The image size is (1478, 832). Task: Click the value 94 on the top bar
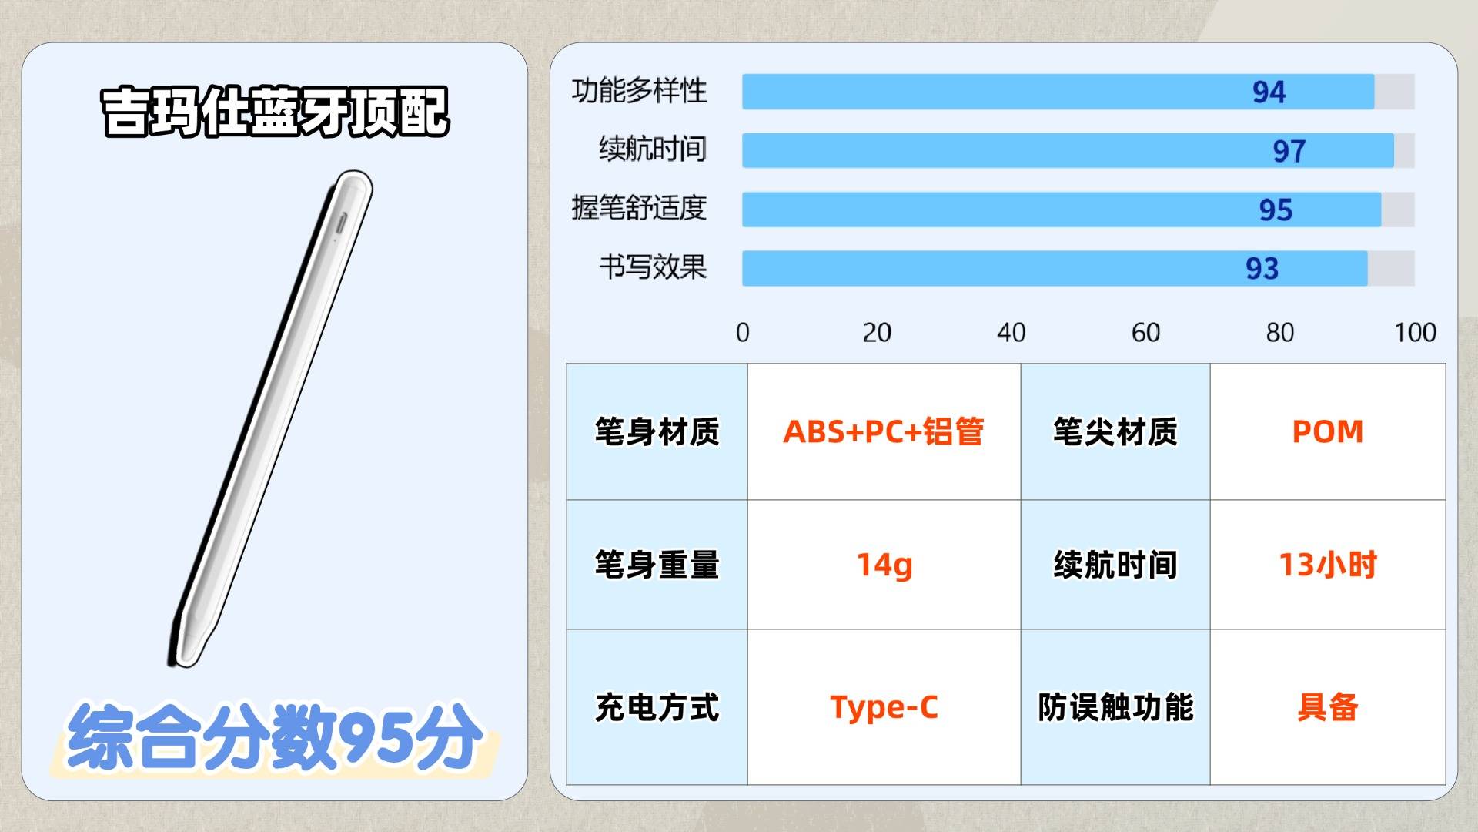click(x=1269, y=92)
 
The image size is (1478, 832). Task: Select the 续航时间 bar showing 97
click(x=1068, y=150)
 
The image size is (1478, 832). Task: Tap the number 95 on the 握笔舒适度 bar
click(x=1276, y=210)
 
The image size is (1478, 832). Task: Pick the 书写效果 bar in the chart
click(x=1055, y=268)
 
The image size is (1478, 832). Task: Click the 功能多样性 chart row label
click(x=639, y=91)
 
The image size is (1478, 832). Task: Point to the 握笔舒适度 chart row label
click(x=639, y=208)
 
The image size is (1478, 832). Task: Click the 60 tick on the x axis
click(x=1145, y=333)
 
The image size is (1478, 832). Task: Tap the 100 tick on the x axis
click(x=1415, y=333)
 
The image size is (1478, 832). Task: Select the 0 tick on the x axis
click(x=742, y=333)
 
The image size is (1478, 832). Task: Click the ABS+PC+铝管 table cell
click(x=884, y=431)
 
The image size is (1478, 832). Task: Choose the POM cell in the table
click(x=1328, y=431)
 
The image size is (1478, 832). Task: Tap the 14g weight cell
click(x=884, y=565)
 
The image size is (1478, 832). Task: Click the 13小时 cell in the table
click(x=1328, y=565)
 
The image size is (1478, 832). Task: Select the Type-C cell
click(x=884, y=707)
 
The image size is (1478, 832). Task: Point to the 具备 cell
click(x=1328, y=707)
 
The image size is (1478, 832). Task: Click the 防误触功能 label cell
click(x=1115, y=707)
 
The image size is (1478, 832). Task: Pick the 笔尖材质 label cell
click(x=1115, y=431)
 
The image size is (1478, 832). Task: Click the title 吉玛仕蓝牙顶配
click(x=275, y=112)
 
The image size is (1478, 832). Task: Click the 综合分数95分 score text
click(x=275, y=736)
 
